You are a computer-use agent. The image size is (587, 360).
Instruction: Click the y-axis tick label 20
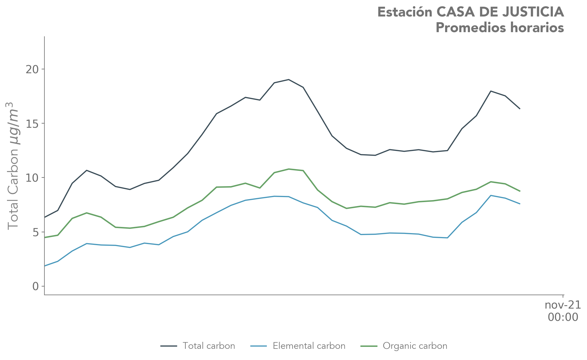32,69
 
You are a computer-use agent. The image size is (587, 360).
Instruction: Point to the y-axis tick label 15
32,124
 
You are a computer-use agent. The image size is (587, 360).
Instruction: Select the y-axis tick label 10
32,178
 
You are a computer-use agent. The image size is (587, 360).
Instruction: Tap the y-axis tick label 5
35,232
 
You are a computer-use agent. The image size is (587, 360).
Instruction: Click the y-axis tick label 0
35,286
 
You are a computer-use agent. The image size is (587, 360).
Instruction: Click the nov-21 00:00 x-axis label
563,311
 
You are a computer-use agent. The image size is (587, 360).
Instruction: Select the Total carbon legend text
209,346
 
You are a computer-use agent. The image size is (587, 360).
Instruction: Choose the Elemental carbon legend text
309,346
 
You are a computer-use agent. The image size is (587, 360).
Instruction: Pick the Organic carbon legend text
415,346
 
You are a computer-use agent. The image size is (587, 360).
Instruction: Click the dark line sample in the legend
169,346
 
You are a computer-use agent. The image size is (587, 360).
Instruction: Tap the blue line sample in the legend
258,346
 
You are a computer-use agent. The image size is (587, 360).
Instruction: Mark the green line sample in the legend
369,346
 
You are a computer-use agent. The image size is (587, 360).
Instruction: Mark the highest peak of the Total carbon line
289,80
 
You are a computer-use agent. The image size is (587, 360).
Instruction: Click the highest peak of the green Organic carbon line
289,169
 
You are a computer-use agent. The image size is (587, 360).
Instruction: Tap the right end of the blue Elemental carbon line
520,204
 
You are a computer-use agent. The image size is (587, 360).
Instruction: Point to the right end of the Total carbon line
520,108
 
